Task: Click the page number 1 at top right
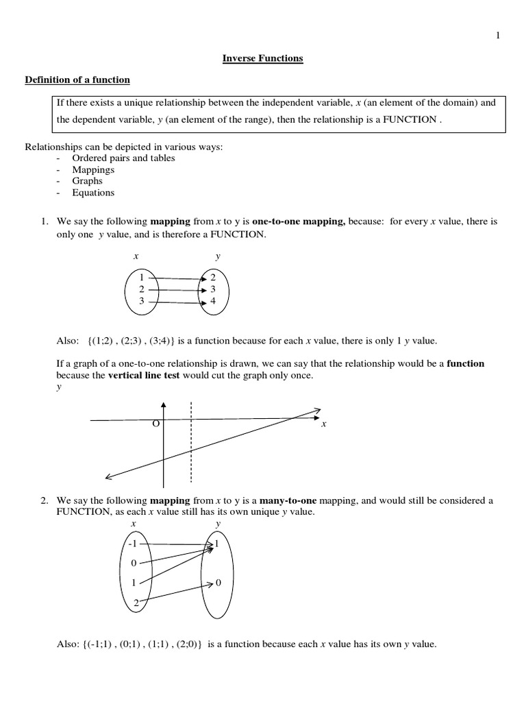[498, 36]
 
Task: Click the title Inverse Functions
[262, 58]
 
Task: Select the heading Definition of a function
[77, 80]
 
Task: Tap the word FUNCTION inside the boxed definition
[410, 119]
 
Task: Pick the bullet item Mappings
[93, 169]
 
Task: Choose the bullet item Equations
[93, 193]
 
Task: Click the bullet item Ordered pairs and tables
[123, 158]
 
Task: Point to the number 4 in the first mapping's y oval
[213, 301]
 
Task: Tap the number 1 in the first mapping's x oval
[142, 278]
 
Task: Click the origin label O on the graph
[155, 424]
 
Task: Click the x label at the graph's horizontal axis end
[324, 424]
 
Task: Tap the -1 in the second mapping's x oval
[133, 544]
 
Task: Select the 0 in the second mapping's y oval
[218, 583]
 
